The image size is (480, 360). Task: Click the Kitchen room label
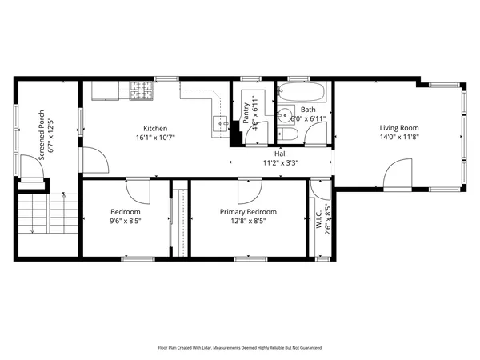coord(155,128)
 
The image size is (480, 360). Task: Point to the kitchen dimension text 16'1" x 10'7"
coord(155,138)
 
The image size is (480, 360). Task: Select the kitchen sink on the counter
coord(218,122)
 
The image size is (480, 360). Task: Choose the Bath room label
coord(306,109)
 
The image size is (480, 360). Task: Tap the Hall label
coord(281,154)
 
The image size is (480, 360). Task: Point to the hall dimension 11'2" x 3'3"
coord(281,163)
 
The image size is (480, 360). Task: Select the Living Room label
coord(398,128)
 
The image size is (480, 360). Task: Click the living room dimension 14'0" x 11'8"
coord(398,138)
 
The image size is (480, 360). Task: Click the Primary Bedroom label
coord(248,212)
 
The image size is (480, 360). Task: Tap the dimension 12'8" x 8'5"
coord(248,222)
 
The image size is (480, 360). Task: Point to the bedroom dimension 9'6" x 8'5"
coord(126,222)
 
